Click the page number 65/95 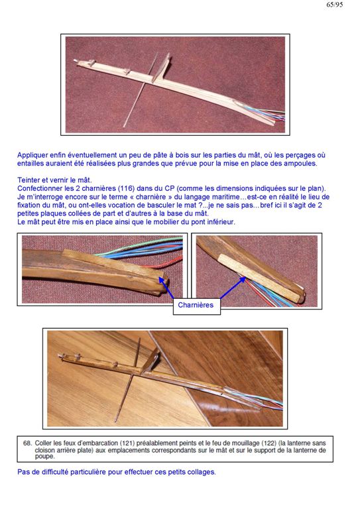point(335,5)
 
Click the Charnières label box point(197,306)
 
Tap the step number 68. point(27,443)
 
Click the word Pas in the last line point(24,472)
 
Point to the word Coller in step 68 point(42,443)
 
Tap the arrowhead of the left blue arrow point(161,280)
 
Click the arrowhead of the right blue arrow point(243,280)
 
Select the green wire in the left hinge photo point(140,247)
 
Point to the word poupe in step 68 point(44,457)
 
